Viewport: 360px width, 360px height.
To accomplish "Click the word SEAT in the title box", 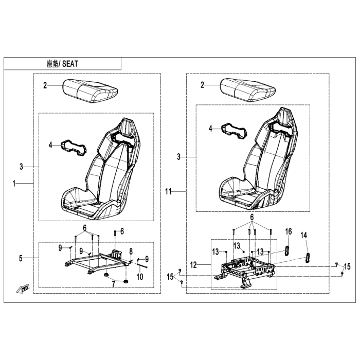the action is (x=70, y=64).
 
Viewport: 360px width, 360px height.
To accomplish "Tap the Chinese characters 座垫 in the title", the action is (x=52, y=64).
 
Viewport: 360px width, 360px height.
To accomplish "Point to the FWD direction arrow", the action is (x=23, y=289).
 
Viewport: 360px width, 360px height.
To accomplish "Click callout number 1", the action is (x=14, y=184).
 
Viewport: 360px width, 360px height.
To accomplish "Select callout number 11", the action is (x=168, y=191).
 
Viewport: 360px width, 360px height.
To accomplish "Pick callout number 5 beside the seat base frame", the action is (x=21, y=258).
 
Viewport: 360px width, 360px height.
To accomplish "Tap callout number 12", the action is (x=193, y=265).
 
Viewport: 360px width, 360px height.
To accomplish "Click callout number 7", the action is (x=114, y=284).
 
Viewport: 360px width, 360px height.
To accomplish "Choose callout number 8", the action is (x=131, y=251).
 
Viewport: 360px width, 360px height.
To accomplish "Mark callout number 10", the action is (x=140, y=277).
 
